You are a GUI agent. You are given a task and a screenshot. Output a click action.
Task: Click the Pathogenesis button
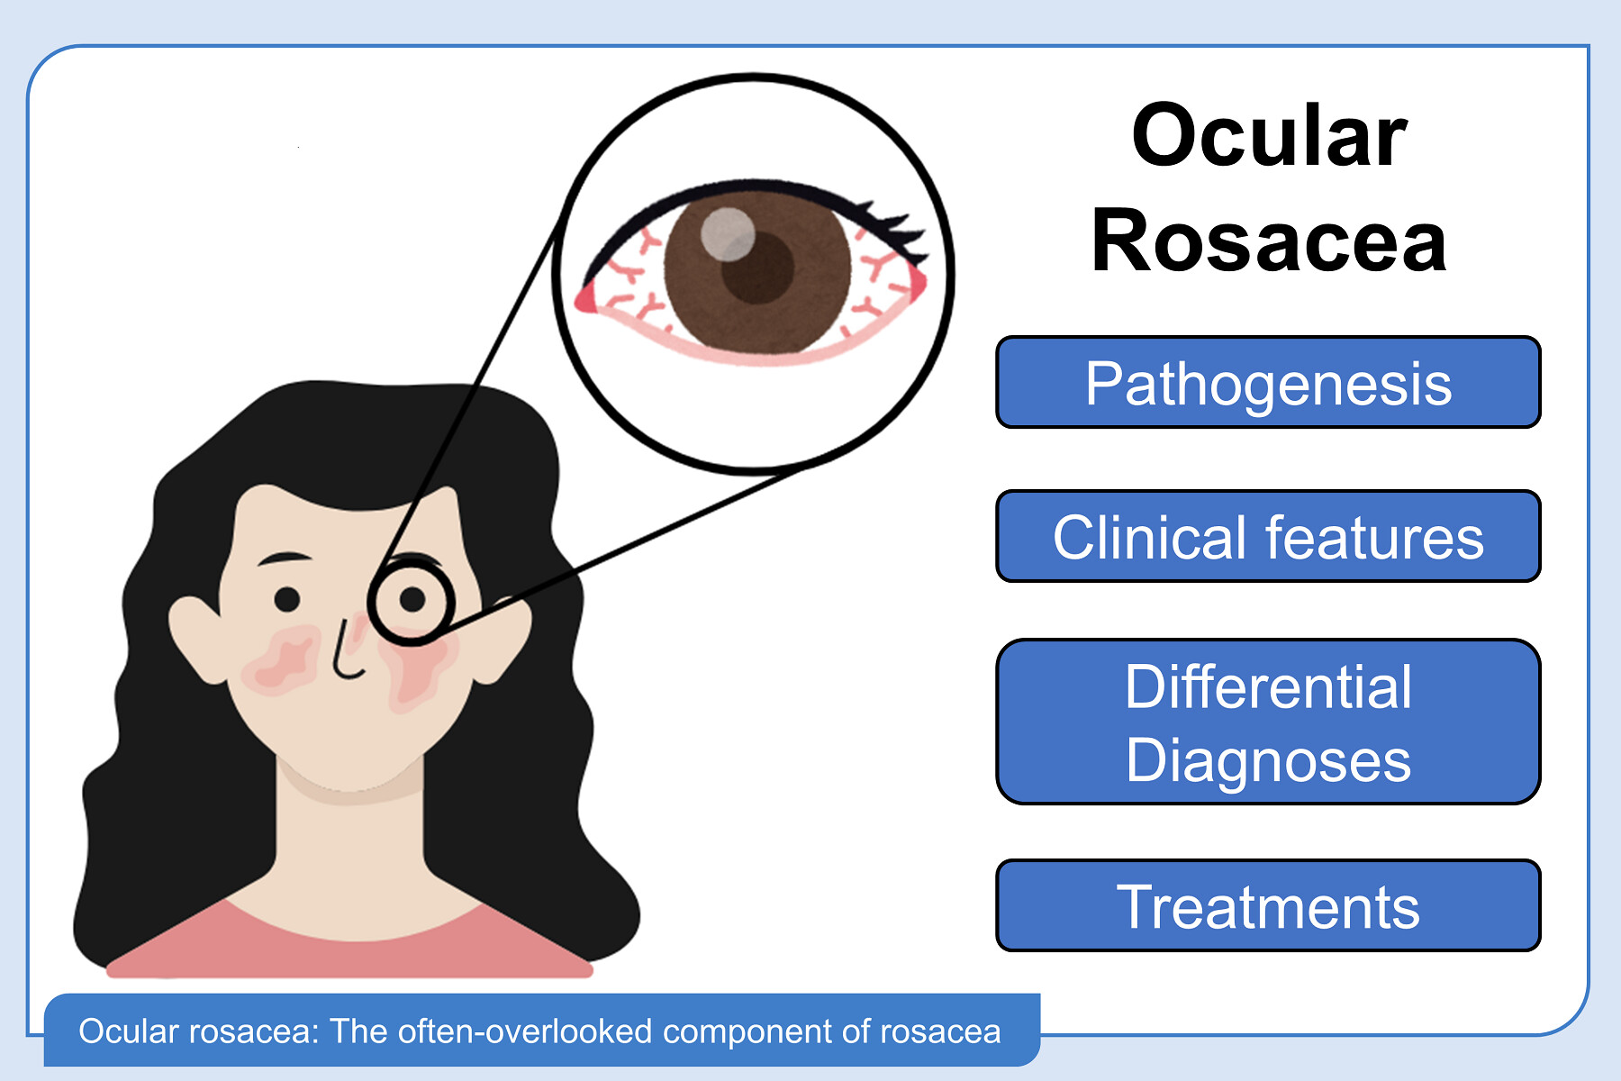[1268, 382]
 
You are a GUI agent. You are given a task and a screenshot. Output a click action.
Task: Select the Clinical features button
[1268, 536]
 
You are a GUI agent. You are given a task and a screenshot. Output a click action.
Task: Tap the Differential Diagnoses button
[1268, 722]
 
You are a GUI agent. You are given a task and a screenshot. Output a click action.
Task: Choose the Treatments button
[1268, 905]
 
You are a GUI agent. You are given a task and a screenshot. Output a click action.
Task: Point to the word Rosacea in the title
[1269, 241]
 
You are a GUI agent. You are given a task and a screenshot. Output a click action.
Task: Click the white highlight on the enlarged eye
[728, 234]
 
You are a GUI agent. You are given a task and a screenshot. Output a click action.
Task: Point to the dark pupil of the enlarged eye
[758, 268]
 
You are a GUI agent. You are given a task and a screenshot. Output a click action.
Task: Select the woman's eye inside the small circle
[412, 598]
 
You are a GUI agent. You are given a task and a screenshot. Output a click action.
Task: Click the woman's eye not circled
[287, 598]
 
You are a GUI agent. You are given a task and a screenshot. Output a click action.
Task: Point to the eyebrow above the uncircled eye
[284, 559]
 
